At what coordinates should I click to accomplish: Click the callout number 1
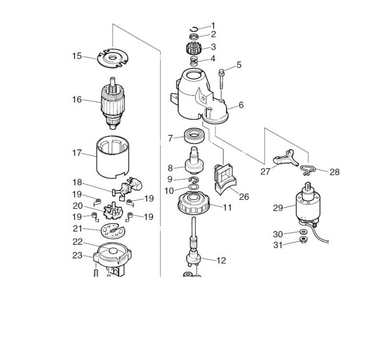(x=213, y=25)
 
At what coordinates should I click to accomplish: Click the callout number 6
(x=240, y=105)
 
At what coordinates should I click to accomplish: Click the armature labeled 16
(x=115, y=106)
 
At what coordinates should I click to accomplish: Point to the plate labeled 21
(x=113, y=229)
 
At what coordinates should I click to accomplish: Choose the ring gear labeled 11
(x=195, y=203)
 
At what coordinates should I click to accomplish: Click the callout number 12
(x=221, y=260)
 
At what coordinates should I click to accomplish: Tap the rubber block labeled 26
(x=225, y=177)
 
